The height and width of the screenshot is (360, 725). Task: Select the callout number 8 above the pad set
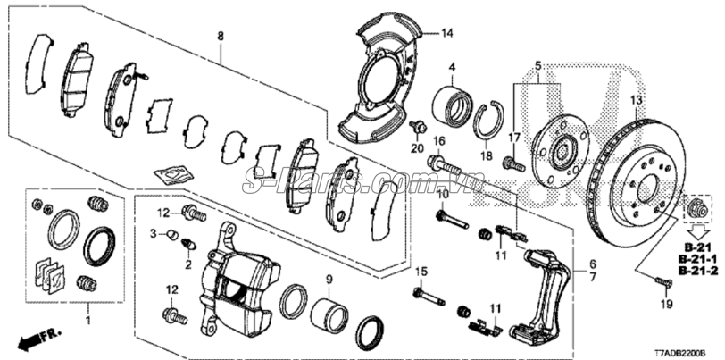point(220,37)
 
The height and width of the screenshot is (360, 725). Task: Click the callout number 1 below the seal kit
point(87,320)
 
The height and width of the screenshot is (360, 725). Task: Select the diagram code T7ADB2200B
point(687,351)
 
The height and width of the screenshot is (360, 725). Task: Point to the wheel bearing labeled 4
point(454,105)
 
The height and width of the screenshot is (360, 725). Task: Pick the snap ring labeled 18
point(488,121)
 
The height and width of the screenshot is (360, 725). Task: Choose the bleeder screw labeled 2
point(188,246)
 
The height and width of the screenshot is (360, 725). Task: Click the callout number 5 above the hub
point(538,65)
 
